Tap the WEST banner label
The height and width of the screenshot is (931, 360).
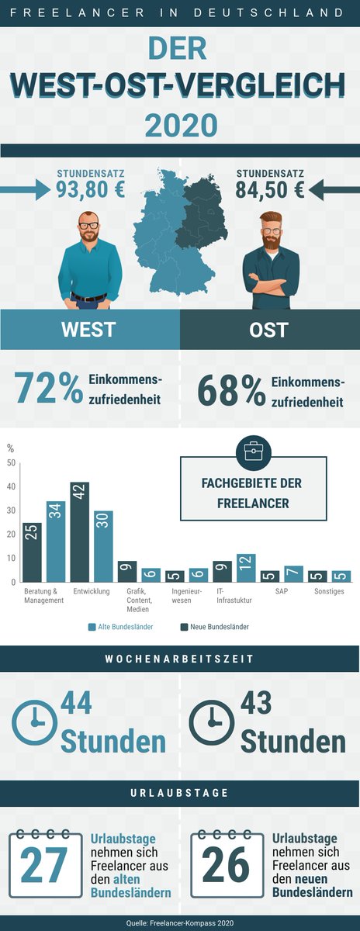click(88, 329)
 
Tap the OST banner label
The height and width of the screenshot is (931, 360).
click(268, 329)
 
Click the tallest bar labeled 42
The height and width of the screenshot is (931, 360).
click(80, 532)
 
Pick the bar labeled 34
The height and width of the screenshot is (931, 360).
click(56, 542)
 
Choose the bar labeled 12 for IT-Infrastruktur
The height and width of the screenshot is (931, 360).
click(246, 568)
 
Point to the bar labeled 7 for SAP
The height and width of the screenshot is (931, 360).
click(293, 574)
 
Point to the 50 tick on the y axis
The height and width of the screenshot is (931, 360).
click(11, 463)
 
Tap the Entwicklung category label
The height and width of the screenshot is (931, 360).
click(92, 591)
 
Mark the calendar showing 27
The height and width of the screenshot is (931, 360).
click(43, 864)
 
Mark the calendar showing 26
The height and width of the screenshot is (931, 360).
click(227, 864)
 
